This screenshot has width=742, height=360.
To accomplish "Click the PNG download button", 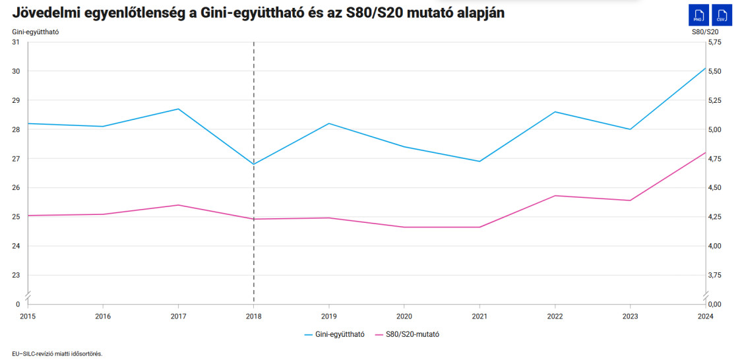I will pyautogui.click(x=698, y=15).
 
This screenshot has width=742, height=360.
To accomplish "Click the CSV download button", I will pyautogui.click(x=723, y=15).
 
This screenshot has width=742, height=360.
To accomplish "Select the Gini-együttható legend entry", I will pyautogui.click(x=335, y=334).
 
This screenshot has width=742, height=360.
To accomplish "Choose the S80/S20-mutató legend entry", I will pyautogui.click(x=408, y=334).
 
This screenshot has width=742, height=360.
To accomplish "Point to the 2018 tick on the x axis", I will pyautogui.click(x=254, y=316).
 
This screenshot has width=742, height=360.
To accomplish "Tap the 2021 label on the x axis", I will pyautogui.click(x=479, y=316).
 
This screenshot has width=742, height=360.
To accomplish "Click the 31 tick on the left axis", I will pyautogui.click(x=16, y=42).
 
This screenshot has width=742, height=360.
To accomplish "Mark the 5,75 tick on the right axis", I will pyautogui.click(x=715, y=42).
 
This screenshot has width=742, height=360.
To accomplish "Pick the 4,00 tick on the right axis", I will pyautogui.click(x=715, y=246).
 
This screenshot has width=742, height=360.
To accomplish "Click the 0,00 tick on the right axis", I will pyautogui.click(x=715, y=304).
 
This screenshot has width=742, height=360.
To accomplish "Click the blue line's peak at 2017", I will pyautogui.click(x=178, y=109).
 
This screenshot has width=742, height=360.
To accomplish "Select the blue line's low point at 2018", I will pyautogui.click(x=254, y=164).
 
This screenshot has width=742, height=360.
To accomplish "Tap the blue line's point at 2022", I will pyautogui.click(x=555, y=111).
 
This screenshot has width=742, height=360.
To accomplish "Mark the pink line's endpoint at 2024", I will pyautogui.click(x=706, y=152).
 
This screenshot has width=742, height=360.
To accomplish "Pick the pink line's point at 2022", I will pyautogui.click(x=555, y=196).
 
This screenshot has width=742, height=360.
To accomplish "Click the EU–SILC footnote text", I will pyautogui.click(x=57, y=353).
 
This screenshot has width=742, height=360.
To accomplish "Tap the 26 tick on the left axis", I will pyautogui.click(x=16, y=188).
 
